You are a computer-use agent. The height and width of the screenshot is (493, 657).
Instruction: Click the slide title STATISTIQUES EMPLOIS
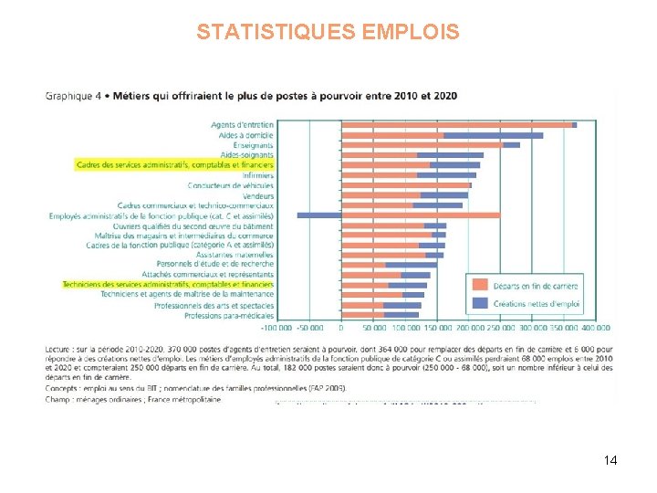click(328, 33)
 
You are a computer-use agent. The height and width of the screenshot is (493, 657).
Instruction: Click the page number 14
click(610, 460)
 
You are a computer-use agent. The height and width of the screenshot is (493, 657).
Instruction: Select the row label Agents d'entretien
click(242, 124)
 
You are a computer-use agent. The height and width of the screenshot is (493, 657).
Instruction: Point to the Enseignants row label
click(253, 144)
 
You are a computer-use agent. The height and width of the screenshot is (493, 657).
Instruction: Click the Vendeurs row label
click(258, 195)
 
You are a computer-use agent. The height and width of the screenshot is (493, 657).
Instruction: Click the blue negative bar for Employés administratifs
click(318, 215)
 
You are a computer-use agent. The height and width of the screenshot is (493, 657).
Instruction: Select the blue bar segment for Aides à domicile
click(493, 135)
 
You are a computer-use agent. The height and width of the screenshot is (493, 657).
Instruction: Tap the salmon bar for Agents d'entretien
click(456, 125)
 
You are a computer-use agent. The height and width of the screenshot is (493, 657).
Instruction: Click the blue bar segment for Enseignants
click(511, 145)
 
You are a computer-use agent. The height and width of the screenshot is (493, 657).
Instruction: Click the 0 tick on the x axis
click(341, 327)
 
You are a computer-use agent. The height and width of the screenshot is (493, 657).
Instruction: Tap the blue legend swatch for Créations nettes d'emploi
click(480, 303)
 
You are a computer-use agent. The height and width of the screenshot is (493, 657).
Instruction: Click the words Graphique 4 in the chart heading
click(72, 94)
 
